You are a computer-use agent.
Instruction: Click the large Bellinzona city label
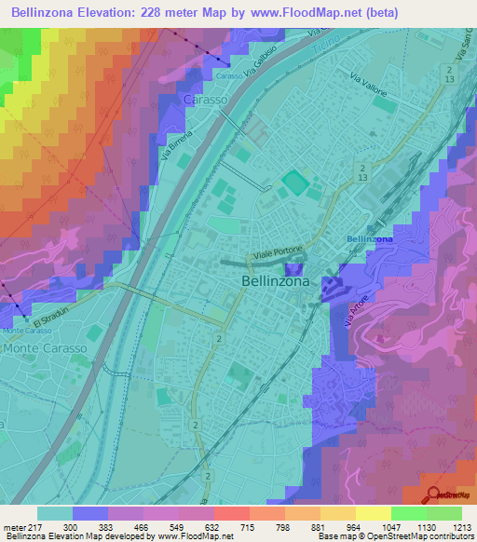276,280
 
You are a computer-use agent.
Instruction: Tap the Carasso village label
205,99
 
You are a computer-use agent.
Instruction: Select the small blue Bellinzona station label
369,239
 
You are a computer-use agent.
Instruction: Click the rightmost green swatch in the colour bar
444,513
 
